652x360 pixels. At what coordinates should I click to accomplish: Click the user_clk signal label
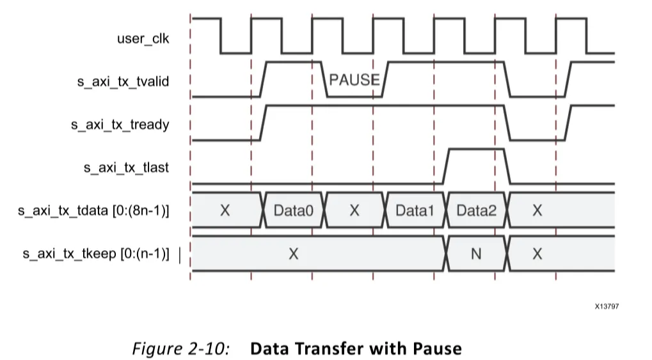tap(143, 38)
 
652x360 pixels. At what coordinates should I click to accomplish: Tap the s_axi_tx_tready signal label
tap(120, 124)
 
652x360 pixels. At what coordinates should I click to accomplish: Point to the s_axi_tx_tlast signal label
tap(127, 168)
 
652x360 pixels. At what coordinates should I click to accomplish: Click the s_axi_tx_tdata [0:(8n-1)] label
tap(94, 210)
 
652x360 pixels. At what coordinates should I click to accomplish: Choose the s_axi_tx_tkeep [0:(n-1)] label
tap(97, 254)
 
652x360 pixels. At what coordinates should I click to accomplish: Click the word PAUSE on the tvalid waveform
tap(354, 81)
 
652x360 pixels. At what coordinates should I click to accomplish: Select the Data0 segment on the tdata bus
tap(294, 210)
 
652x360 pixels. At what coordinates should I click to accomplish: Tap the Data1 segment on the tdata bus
tap(415, 210)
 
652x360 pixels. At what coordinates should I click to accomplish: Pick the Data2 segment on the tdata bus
tap(476, 210)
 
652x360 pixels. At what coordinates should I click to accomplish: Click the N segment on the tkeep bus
tap(476, 254)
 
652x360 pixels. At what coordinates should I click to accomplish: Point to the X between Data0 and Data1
tap(354, 210)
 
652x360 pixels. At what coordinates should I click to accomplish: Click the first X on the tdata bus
tap(225, 210)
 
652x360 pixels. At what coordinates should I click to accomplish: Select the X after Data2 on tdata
tap(537, 210)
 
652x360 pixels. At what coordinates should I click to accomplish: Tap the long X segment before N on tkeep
tap(293, 254)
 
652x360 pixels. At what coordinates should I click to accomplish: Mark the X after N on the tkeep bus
tap(537, 254)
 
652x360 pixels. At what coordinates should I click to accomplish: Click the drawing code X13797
tap(607, 306)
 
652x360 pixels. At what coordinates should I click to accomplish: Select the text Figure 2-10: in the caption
tap(182, 348)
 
